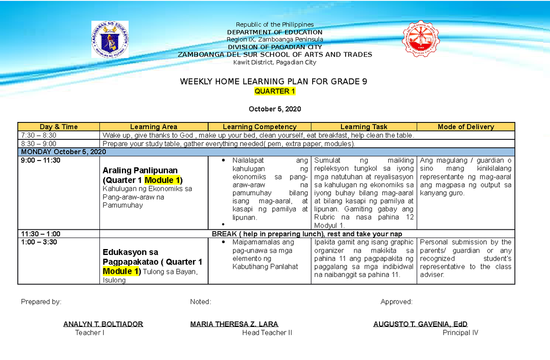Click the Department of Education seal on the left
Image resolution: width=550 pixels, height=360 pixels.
pos(110,40)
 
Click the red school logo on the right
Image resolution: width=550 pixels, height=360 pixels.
pos(421,40)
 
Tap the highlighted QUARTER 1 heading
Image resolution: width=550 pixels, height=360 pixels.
pos(275,91)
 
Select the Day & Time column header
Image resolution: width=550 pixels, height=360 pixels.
pos(59,127)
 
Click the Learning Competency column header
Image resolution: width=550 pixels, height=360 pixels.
pos(259,127)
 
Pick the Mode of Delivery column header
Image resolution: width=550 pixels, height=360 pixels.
pos(466,127)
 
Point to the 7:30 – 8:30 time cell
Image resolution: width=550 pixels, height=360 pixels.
pos(39,135)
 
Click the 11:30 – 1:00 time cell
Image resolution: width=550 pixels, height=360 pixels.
pos(41,234)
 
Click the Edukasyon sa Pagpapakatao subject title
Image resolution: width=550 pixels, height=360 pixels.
pos(131,252)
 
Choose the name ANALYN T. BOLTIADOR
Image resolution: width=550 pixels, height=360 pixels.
pos(103,324)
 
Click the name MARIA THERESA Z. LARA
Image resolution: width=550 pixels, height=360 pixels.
pos(234,324)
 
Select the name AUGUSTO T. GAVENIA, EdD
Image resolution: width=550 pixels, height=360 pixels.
pos(420,324)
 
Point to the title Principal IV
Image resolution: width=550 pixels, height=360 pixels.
pos(460,332)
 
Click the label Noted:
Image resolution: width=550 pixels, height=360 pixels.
pos(200,302)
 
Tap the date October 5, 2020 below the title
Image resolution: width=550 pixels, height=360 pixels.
pos(275,109)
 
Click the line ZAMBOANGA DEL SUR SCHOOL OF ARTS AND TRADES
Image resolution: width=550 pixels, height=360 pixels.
pos(275,55)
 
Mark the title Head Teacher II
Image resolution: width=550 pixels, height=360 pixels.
pos(267,332)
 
